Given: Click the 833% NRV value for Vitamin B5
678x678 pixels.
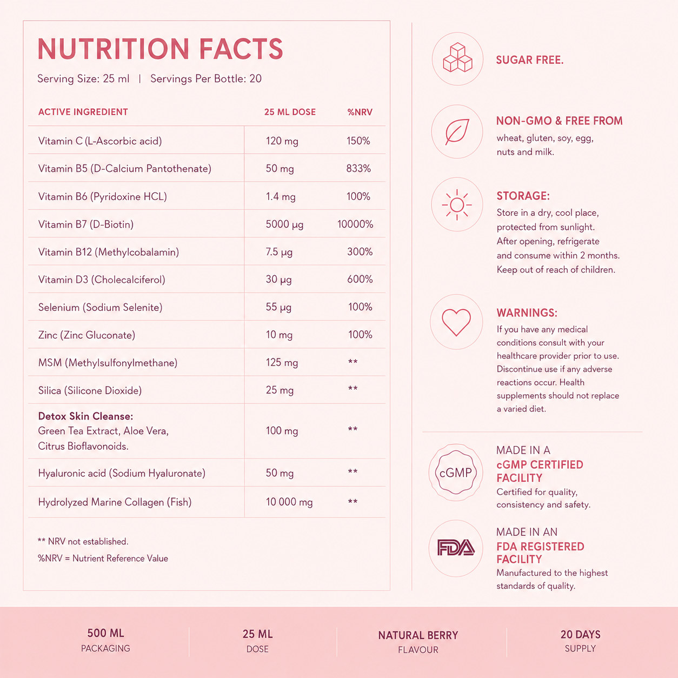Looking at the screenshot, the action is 358,169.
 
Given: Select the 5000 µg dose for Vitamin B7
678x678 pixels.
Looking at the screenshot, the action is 284,224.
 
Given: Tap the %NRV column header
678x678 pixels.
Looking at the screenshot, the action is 360,112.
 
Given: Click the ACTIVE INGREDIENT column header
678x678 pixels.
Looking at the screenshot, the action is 83,112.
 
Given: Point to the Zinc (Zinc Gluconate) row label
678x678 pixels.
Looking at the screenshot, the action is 87,335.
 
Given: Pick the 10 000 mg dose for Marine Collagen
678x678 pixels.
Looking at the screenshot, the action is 289,502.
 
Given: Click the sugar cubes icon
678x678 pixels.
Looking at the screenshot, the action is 457,58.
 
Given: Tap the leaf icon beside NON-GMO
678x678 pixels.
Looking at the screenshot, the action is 457,131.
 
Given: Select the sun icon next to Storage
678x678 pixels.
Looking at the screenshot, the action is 457,204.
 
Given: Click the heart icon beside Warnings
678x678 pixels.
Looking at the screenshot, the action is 456,322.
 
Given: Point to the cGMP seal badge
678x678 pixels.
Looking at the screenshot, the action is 456,472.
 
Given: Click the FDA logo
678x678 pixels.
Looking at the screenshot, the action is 456,548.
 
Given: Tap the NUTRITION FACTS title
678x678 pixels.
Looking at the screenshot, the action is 160,49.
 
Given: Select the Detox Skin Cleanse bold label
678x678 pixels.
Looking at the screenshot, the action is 85,416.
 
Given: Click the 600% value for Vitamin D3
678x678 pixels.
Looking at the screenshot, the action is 360,280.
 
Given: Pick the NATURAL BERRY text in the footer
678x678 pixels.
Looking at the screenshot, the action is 418,635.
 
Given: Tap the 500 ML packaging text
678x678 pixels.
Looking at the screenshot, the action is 105,633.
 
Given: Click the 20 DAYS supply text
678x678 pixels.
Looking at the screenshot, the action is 580,634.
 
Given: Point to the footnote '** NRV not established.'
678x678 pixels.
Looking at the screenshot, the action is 83,542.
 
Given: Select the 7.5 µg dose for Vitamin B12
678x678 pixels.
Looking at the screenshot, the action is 279,252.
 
